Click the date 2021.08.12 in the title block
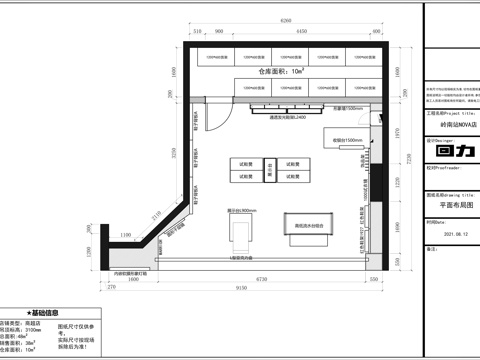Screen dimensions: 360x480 443,235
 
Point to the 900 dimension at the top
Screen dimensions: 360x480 216,32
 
